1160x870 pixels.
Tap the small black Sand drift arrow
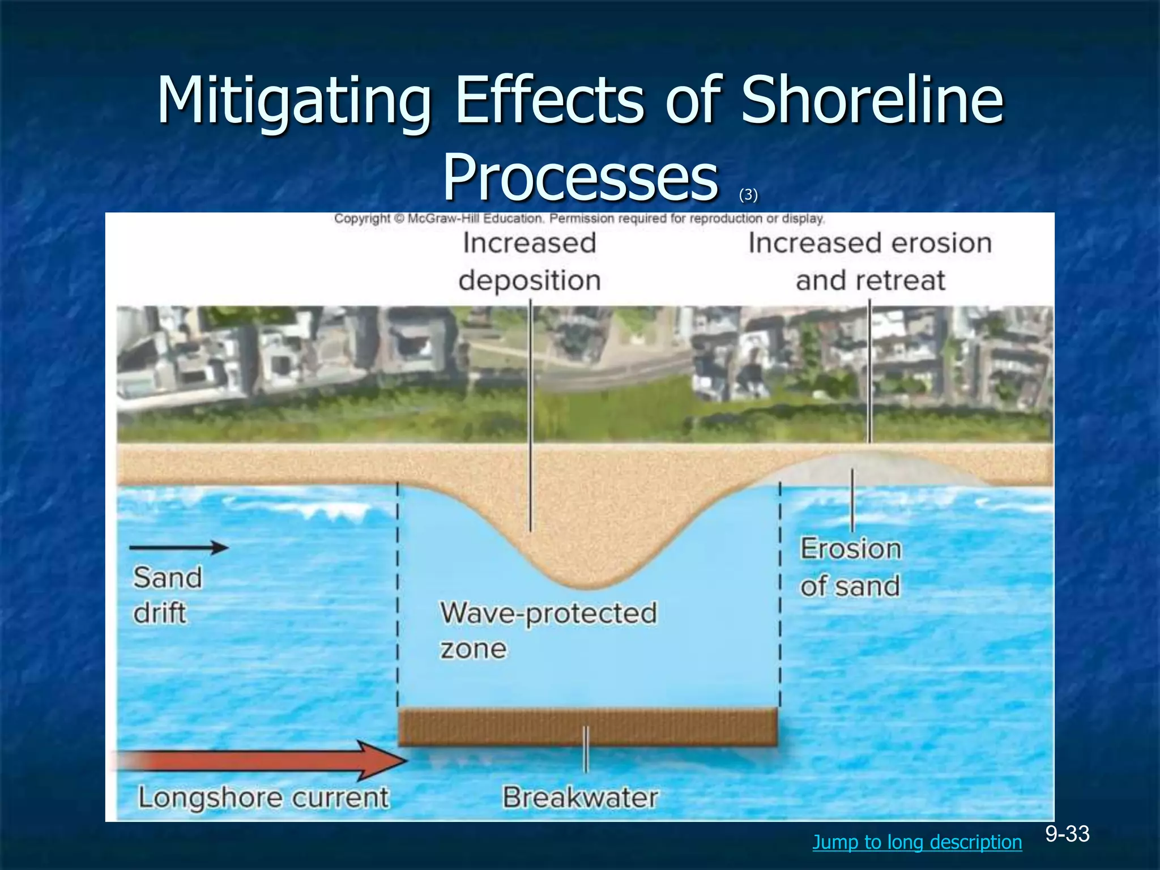(x=179, y=547)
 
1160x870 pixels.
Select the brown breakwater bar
(x=587, y=727)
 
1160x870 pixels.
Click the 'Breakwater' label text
(x=580, y=797)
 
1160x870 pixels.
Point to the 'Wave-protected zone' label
(x=548, y=630)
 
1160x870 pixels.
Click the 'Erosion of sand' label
(x=850, y=567)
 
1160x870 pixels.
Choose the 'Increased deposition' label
(x=530, y=262)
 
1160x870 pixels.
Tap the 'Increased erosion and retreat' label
(x=870, y=262)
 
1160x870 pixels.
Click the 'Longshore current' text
(x=263, y=797)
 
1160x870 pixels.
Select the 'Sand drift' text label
(x=167, y=595)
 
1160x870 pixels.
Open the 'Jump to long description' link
(x=917, y=842)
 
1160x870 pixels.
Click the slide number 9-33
(x=1067, y=834)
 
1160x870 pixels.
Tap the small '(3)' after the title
(x=748, y=195)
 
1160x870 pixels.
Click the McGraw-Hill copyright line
(x=579, y=219)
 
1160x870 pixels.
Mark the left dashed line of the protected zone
(x=397, y=595)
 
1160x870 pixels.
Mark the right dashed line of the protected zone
(x=780, y=595)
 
